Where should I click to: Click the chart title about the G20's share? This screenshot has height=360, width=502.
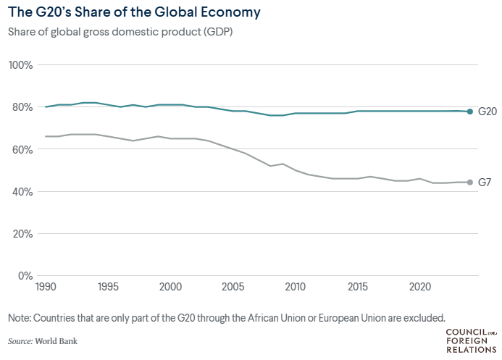click(134, 13)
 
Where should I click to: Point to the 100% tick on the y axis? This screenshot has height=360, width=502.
click(21, 65)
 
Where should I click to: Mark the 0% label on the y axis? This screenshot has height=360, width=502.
click(25, 276)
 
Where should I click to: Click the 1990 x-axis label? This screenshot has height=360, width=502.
click(46, 287)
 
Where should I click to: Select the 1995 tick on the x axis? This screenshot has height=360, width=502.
click(108, 287)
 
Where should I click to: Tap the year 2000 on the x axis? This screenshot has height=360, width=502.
click(170, 287)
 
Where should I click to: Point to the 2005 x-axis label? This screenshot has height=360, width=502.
click(233, 287)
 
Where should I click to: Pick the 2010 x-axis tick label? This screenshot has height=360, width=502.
click(295, 287)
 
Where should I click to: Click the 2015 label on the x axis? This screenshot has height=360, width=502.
click(357, 287)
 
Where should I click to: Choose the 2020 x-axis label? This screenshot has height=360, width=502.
click(419, 287)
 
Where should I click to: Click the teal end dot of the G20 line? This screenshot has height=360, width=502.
click(469, 112)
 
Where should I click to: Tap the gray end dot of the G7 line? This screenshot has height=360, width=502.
click(469, 183)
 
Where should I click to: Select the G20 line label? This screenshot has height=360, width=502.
click(486, 112)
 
